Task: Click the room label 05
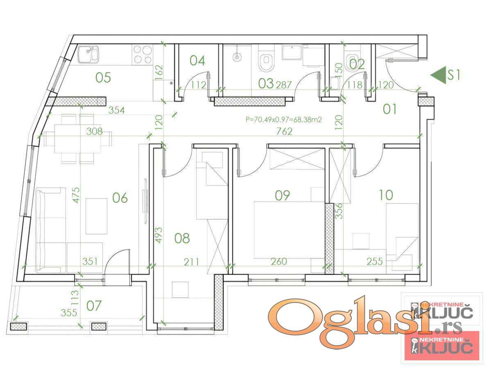click(x=103, y=78)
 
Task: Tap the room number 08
click(x=182, y=238)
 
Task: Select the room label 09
click(x=282, y=195)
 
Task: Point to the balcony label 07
click(x=94, y=306)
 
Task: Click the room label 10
click(x=386, y=195)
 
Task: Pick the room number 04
click(x=197, y=61)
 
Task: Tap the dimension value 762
click(x=284, y=131)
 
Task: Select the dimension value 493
click(x=159, y=235)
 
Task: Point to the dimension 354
click(x=116, y=110)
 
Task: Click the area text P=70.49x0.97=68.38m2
click(x=283, y=119)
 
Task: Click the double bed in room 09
click(x=289, y=230)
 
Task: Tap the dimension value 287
click(x=283, y=85)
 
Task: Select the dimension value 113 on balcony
click(x=76, y=297)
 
